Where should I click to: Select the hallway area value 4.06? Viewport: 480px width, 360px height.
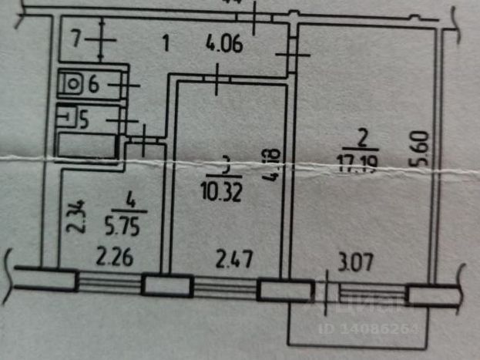[x=225, y=44]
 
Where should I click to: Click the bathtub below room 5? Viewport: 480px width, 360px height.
[x=88, y=146]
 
